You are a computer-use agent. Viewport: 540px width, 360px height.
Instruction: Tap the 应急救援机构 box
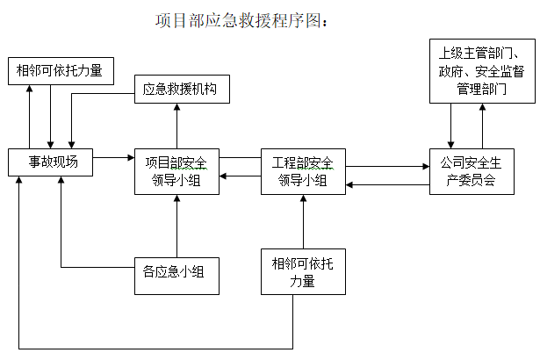181,90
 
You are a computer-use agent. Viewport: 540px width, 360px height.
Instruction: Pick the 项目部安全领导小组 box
176,170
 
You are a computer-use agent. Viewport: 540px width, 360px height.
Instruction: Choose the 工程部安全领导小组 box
303,170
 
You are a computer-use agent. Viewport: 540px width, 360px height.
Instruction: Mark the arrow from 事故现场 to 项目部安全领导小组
112,158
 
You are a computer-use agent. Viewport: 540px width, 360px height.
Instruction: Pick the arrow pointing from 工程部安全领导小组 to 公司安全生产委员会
386,165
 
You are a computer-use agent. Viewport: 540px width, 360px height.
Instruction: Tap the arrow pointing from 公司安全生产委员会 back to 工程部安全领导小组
386,184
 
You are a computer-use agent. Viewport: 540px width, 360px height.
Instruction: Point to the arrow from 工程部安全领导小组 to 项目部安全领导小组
240,176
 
